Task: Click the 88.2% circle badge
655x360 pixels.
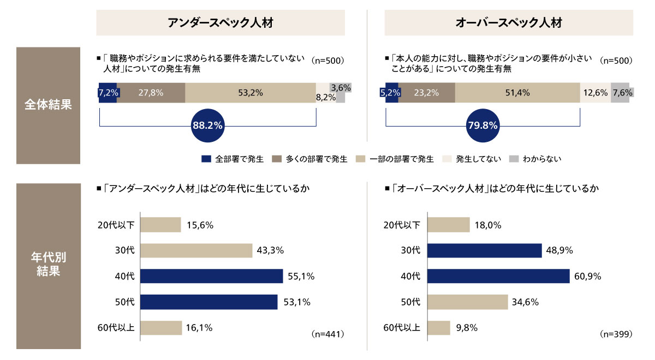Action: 207,125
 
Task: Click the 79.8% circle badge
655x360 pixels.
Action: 483,125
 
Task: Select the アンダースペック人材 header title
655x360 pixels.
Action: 221,23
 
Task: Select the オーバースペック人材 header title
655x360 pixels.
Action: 508,23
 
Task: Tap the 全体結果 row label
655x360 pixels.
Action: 49,105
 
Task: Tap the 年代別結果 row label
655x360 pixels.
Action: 49,264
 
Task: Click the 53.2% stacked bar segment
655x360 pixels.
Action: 251,93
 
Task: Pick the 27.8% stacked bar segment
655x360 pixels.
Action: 151,93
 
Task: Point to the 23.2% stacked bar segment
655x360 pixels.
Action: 426,93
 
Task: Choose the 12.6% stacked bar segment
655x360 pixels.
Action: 595,93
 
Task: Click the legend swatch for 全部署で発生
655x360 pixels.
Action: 206,159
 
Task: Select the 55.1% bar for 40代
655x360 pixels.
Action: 212,276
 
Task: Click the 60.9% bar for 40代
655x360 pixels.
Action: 498,276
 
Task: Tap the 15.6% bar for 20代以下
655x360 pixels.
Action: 161,225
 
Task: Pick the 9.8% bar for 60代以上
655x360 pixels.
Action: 439,328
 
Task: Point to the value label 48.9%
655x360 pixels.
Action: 559,250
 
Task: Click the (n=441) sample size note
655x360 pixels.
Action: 329,333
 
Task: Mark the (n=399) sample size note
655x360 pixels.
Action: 616,333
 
